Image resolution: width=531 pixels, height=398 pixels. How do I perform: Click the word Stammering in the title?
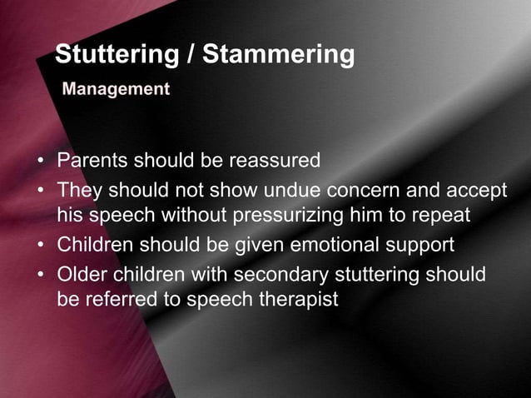[279, 56]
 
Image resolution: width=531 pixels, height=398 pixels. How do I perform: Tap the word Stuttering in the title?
[116, 56]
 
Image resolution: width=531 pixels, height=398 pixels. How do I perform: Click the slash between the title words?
[191, 56]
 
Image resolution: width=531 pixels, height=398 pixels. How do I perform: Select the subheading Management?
[116, 88]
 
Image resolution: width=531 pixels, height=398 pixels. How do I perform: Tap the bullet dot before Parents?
[42, 160]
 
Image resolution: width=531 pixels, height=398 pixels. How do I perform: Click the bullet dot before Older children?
[42, 274]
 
